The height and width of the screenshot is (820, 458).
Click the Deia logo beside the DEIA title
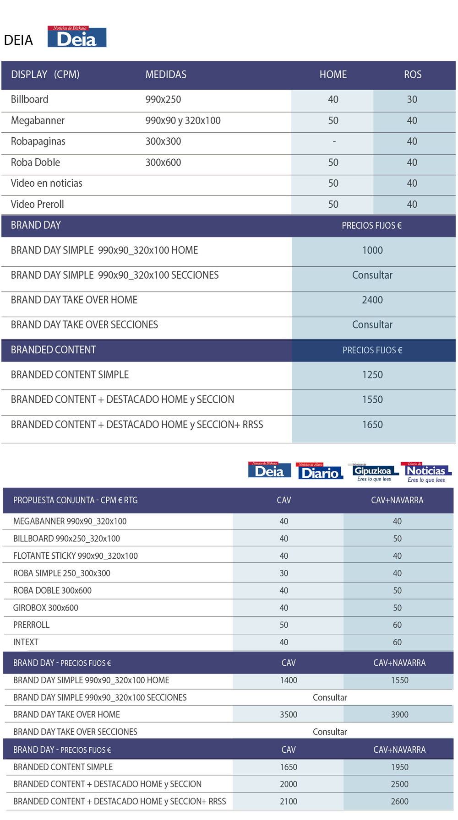tap(77, 37)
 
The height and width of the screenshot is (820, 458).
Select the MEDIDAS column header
tap(166, 75)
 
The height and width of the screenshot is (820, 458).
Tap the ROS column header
tap(413, 75)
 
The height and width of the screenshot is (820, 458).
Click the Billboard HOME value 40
tap(333, 99)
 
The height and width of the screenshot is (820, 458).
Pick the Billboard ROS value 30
tap(412, 99)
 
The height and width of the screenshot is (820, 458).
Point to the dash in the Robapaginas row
tap(334, 142)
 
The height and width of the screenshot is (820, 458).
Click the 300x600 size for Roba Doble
tap(163, 162)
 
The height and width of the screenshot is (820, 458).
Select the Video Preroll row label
tap(38, 204)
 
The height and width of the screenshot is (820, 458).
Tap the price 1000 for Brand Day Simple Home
tap(372, 250)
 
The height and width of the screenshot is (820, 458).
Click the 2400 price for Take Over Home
tap(372, 300)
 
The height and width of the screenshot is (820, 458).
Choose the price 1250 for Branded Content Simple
tap(372, 375)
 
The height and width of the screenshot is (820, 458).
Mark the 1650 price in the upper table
tap(372, 425)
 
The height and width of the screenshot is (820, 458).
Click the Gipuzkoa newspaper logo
tap(374, 472)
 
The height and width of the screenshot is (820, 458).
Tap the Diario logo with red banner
tap(320, 471)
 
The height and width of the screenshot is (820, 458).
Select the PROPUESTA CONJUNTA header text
tap(75, 501)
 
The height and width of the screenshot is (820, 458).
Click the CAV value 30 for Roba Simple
tap(284, 573)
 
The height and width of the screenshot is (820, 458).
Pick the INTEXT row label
tap(26, 642)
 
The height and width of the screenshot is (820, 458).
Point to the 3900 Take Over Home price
tap(399, 715)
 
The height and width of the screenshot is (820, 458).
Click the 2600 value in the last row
tap(399, 802)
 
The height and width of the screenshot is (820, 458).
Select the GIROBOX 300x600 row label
tap(46, 608)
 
